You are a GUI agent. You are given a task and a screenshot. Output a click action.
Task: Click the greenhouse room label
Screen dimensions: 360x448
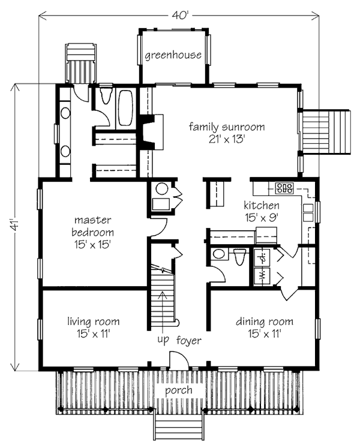[x=173, y=55]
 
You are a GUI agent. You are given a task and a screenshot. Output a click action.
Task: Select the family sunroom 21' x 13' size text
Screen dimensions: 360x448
[x=227, y=139]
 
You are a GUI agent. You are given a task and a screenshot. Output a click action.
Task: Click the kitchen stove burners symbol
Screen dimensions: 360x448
[x=284, y=188]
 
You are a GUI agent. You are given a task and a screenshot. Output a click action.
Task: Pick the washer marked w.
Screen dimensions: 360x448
[x=262, y=276]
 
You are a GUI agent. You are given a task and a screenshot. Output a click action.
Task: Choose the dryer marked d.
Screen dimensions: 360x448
[x=262, y=257]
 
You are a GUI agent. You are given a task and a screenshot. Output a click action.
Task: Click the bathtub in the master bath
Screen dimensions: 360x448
[x=125, y=108]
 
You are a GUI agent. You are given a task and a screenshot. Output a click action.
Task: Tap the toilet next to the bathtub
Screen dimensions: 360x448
[x=106, y=95]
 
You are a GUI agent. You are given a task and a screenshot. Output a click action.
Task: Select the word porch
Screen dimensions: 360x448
[x=179, y=390]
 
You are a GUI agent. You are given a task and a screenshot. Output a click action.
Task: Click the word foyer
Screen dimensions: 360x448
[x=189, y=340]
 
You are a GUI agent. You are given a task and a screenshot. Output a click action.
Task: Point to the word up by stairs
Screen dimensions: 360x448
[x=163, y=340]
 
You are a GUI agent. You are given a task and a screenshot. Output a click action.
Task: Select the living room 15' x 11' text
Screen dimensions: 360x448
[x=94, y=333]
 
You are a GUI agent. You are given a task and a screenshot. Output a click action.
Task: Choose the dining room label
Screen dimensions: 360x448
[x=265, y=321]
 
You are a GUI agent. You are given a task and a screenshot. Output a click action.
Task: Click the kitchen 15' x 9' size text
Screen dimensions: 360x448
[x=262, y=218]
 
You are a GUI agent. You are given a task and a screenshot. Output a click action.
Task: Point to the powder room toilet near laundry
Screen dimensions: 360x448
[x=239, y=256]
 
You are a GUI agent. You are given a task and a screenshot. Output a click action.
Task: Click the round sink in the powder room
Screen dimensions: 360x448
[x=219, y=254]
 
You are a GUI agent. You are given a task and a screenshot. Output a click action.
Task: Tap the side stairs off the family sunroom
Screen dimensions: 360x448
[x=326, y=133]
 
